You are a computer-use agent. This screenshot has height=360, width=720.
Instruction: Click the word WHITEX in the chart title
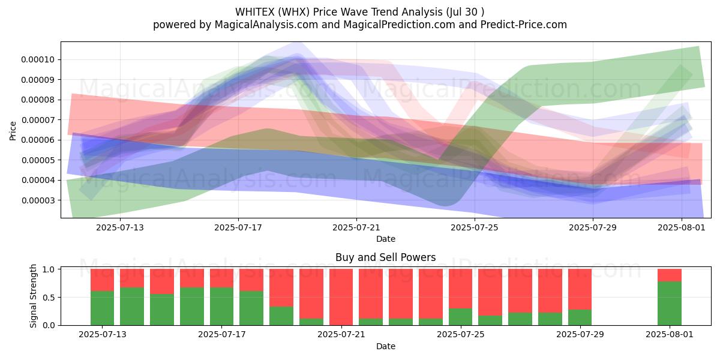tap(255, 12)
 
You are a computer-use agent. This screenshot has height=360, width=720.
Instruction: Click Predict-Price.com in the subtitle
tap(523, 25)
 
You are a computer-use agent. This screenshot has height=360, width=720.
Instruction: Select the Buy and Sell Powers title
tap(385, 257)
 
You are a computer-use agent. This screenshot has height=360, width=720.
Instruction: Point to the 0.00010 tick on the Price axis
tap(38, 59)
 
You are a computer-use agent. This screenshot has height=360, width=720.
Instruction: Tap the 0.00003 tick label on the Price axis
tap(38, 200)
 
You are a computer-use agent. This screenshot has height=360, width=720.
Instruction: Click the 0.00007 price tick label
tap(38, 120)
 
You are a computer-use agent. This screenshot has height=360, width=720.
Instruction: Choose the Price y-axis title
tap(13, 131)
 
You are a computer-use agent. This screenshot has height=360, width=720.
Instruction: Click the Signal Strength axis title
tap(33, 296)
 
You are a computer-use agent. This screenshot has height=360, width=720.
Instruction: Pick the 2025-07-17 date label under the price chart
tap(238, 227)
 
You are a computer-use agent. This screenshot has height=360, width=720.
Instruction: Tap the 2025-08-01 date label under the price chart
tap(682, 227)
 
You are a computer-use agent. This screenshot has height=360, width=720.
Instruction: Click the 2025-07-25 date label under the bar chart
tap(461, 335)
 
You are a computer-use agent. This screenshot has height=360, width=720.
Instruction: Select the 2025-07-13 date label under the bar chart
tap(102, 335)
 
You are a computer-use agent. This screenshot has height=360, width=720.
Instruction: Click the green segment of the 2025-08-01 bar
tap(670, 304)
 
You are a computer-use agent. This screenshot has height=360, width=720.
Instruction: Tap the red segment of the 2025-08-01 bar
tap(670, 275)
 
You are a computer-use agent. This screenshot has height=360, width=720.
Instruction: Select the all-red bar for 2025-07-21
tap(341, 297)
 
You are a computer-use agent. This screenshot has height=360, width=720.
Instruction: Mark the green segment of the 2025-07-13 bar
tap(102, 308)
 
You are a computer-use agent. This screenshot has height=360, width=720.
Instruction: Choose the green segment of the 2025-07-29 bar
tap(580, 317)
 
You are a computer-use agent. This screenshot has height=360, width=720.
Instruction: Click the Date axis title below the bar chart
tap(385, 346)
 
